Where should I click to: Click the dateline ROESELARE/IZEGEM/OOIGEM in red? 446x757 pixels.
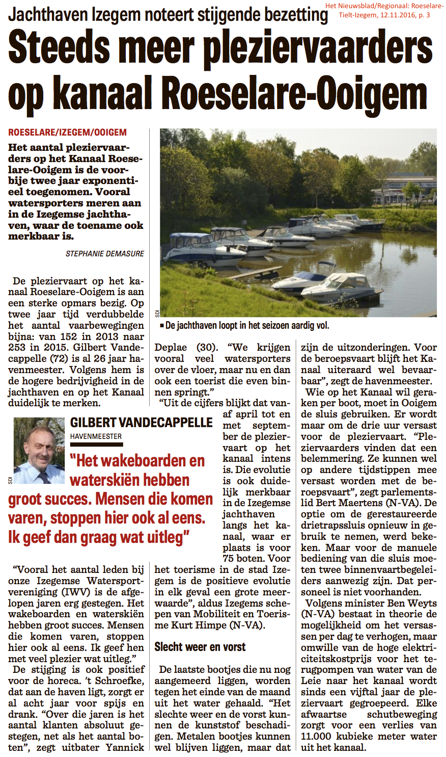point(67,133)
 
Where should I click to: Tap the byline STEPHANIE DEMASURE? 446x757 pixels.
point(105,253)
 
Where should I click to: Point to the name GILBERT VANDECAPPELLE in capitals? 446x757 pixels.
point(142,422)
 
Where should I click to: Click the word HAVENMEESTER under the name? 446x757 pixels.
point(96,436)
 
